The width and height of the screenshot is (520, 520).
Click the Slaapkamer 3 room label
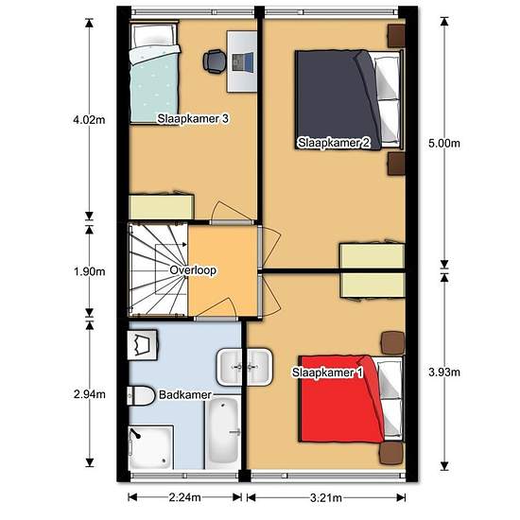194,119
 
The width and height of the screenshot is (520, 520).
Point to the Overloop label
193,270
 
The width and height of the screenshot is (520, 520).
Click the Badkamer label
185,394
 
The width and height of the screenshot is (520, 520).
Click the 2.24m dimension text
184,497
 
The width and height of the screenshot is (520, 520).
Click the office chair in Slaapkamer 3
215,61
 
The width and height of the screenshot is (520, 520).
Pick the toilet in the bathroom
141,394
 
